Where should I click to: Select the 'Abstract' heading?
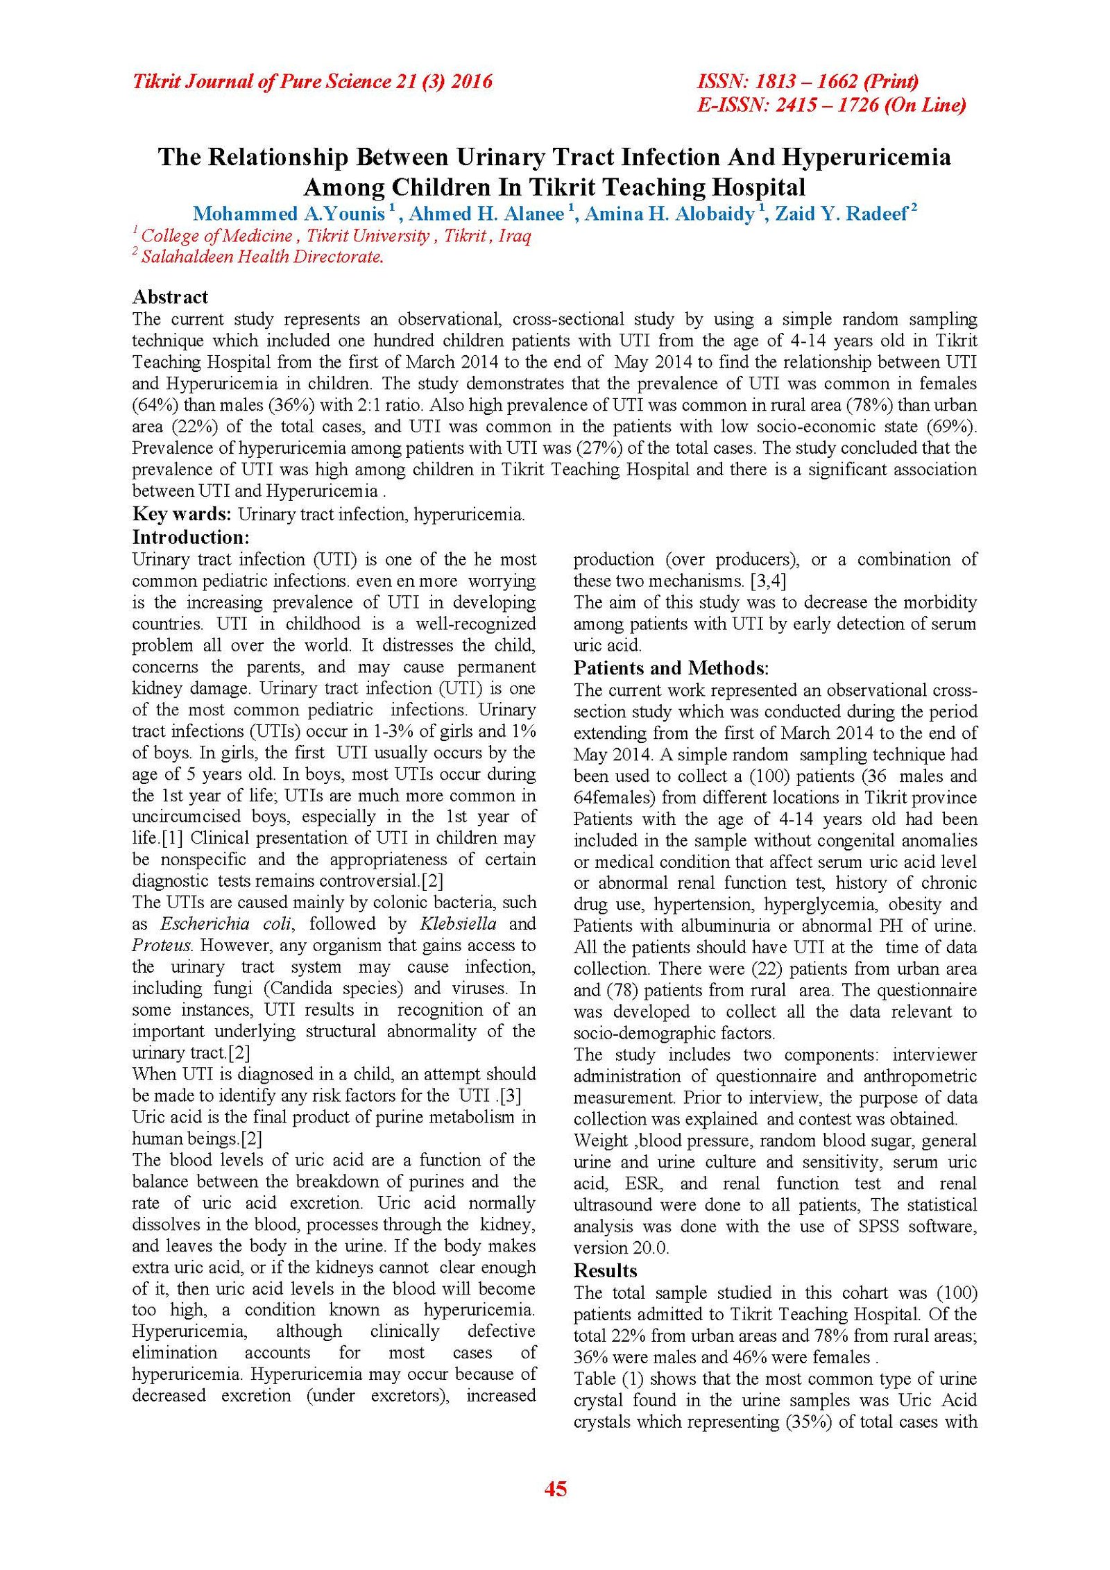170,297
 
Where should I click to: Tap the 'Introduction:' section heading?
191,537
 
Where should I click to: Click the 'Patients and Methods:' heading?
671,667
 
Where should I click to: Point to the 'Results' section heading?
605,1270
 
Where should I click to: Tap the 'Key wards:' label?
182,514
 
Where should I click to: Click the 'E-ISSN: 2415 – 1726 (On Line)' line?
831,105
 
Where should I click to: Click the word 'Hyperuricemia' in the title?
866,157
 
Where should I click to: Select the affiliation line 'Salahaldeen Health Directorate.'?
262,257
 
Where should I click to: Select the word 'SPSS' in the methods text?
878,1226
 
